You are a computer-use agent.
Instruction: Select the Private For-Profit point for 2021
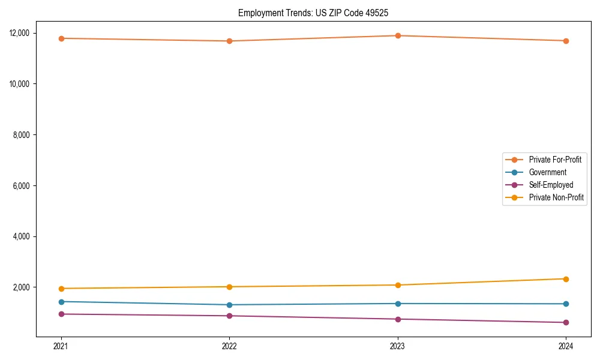point(61,38)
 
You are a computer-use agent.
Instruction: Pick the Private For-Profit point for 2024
point(566,41)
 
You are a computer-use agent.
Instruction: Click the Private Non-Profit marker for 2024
point(566,279)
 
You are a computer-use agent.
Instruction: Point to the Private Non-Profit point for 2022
point(229,287)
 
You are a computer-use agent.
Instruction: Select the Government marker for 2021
point(61,302)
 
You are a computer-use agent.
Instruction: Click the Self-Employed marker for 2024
point(566,323)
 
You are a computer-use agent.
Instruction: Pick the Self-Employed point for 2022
point(229,316)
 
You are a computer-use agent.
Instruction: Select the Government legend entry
point(547,172)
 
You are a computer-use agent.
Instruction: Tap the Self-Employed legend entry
point(551,185)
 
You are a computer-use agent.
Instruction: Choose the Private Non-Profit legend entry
point(556,197)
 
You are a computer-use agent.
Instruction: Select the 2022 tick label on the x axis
point(229,346)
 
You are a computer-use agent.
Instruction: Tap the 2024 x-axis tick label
point(566,346)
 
